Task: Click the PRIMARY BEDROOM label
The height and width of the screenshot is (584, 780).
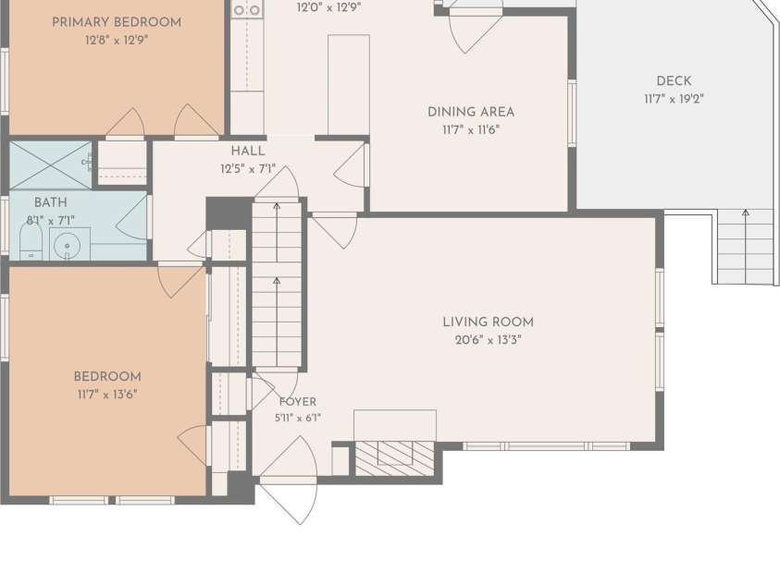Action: click(x=117, y=22)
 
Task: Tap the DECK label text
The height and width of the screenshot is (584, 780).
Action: click(x=674, y=81)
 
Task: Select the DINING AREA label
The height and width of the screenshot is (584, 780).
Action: click(x=471, y=112)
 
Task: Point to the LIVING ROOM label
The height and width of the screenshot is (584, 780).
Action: click(x=488, y=322)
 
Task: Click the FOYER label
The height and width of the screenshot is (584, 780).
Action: click(x=298, y=402)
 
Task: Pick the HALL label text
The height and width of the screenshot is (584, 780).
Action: click(x=248, y=151)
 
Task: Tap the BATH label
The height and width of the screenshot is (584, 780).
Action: click(x=51, y=202)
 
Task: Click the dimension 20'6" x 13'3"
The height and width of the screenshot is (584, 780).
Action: click(x=488, y=340)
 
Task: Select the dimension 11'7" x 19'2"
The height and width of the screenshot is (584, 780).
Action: click(x=674, y=99)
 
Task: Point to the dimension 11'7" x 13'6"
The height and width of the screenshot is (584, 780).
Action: click(x=107, y=395)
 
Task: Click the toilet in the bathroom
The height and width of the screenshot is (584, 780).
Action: click(x=31, y=242)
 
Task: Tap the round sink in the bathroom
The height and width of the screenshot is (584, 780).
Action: click(x=67, y=245)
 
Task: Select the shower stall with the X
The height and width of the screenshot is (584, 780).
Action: click(x=50, y=164)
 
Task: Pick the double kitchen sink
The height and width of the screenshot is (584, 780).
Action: click(x=247, y=9)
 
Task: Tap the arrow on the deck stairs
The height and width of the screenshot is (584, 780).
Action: click(x=745, y=246)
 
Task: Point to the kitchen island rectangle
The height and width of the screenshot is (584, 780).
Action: click(x=349, y=85)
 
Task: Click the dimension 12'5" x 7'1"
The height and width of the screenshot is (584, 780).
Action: click(x=248, y=169)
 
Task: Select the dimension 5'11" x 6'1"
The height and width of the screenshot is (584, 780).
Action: click(x=298, y=419)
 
